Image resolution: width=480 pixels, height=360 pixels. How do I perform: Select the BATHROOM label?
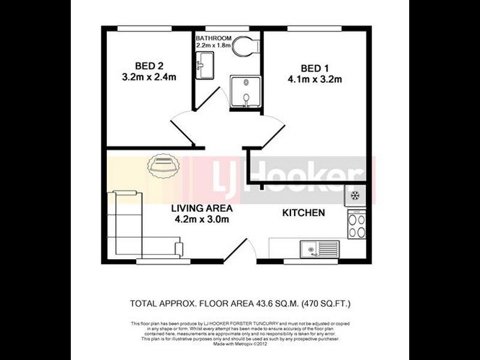tap(213, 37)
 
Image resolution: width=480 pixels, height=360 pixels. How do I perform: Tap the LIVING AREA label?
tap(202, 209)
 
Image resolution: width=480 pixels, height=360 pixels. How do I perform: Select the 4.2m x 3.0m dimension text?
tap(202, 220)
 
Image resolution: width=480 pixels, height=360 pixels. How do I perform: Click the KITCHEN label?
tap(304, 212)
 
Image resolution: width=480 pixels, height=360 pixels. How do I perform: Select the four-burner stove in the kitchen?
tap(356, 226)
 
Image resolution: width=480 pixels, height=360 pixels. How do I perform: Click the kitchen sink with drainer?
tap(320, 248)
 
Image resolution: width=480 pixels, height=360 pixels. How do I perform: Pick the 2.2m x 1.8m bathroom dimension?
tap(213, 44)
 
